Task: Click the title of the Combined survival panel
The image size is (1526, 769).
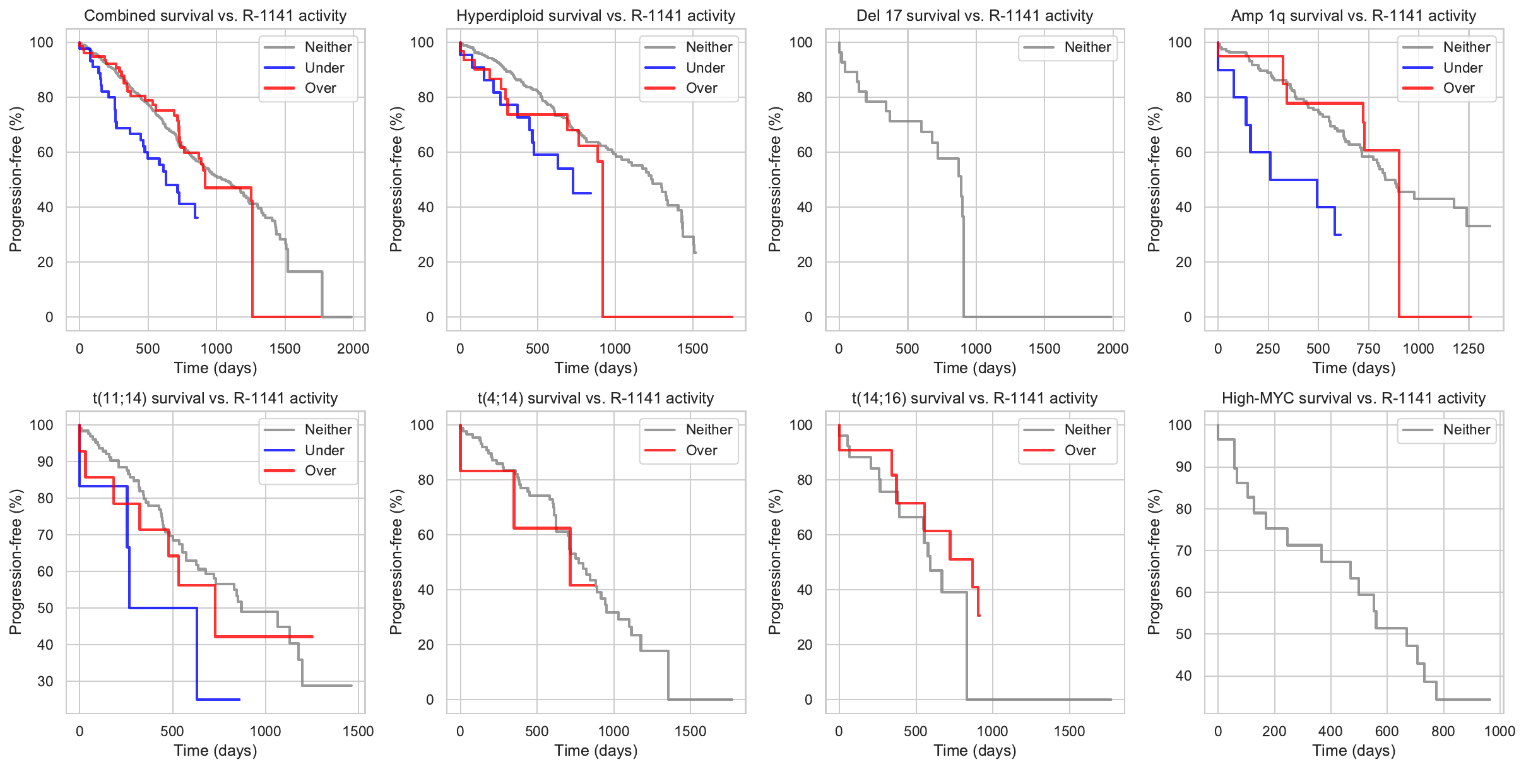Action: click(215, 16)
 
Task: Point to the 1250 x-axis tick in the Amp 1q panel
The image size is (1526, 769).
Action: click(1469, 349)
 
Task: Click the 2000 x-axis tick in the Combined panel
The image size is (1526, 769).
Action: click(353, 349)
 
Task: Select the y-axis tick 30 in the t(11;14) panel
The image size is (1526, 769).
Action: click(45, 681)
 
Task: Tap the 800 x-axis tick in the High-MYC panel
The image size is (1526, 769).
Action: click(1443, 731)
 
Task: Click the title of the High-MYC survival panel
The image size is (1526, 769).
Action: click(1354, 398)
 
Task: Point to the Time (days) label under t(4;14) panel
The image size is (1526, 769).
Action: click(596, 751)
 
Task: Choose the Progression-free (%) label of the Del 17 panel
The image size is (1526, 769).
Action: click(774, 179)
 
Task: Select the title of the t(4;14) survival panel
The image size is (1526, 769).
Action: click(596, 398)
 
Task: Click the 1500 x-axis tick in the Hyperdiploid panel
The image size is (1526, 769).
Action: click(693, 349)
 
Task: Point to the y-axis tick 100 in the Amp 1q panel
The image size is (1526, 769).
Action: click(1180, 42)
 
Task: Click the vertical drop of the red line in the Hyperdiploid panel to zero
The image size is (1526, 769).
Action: click(603, 240)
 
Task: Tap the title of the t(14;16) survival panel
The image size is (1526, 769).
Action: click(974, 398)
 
